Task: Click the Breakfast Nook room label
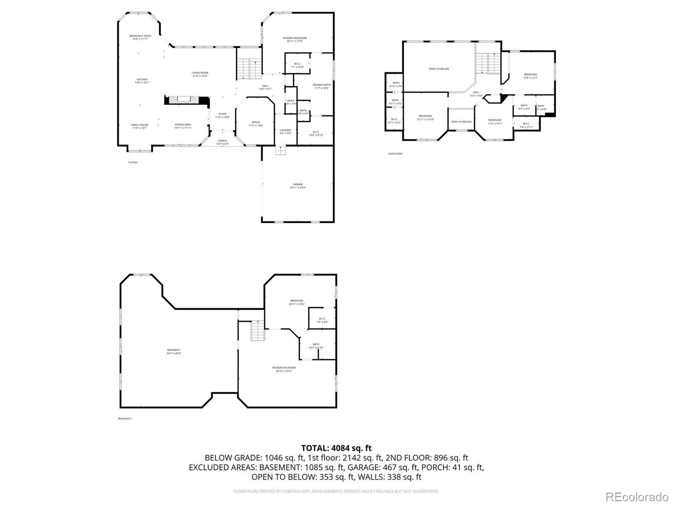140,37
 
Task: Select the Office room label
256,124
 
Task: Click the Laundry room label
286,131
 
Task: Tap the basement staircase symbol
257,331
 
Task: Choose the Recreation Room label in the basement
284,369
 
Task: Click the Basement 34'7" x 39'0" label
174,351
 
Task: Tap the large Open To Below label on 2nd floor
439,69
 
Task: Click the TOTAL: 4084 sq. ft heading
336,448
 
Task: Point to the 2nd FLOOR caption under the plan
395,154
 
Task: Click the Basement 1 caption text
125,418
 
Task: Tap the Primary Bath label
322,86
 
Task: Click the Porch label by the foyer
222,142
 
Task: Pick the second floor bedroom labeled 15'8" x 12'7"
530,76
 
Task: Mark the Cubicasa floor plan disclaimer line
336,491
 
